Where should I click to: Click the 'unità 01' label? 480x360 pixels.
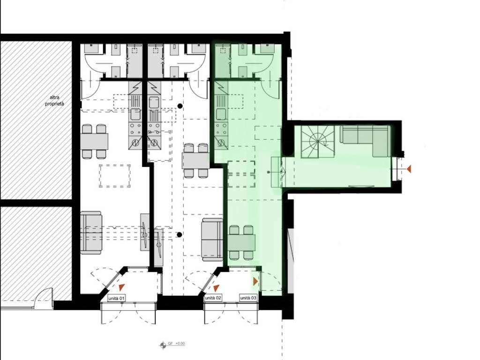pos(117,298)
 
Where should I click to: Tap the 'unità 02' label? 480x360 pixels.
pos(213,298)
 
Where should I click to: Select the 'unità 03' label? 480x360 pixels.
pos(248,298)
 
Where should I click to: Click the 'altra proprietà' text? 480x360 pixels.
pos(54,101)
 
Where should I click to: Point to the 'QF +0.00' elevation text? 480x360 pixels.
pos(177,344)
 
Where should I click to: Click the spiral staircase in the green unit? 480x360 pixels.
pos(318,142)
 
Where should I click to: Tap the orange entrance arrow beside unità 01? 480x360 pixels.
pos(121,287)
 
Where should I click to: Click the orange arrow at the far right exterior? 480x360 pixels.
pos(408,168)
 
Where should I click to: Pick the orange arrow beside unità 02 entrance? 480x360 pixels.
pos(216,288)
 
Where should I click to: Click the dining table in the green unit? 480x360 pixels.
pos(241,242)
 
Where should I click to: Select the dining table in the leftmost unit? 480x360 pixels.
pos(95,142)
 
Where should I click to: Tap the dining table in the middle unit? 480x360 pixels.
pos(196,161)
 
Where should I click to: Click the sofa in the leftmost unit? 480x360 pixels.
pos(91,232)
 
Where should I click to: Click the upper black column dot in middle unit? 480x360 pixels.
pos(180,106)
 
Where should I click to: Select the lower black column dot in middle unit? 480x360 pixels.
pos(180,235)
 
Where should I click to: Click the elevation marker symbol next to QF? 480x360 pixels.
pos(163,345)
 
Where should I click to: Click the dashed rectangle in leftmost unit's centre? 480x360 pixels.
pos(115,176)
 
